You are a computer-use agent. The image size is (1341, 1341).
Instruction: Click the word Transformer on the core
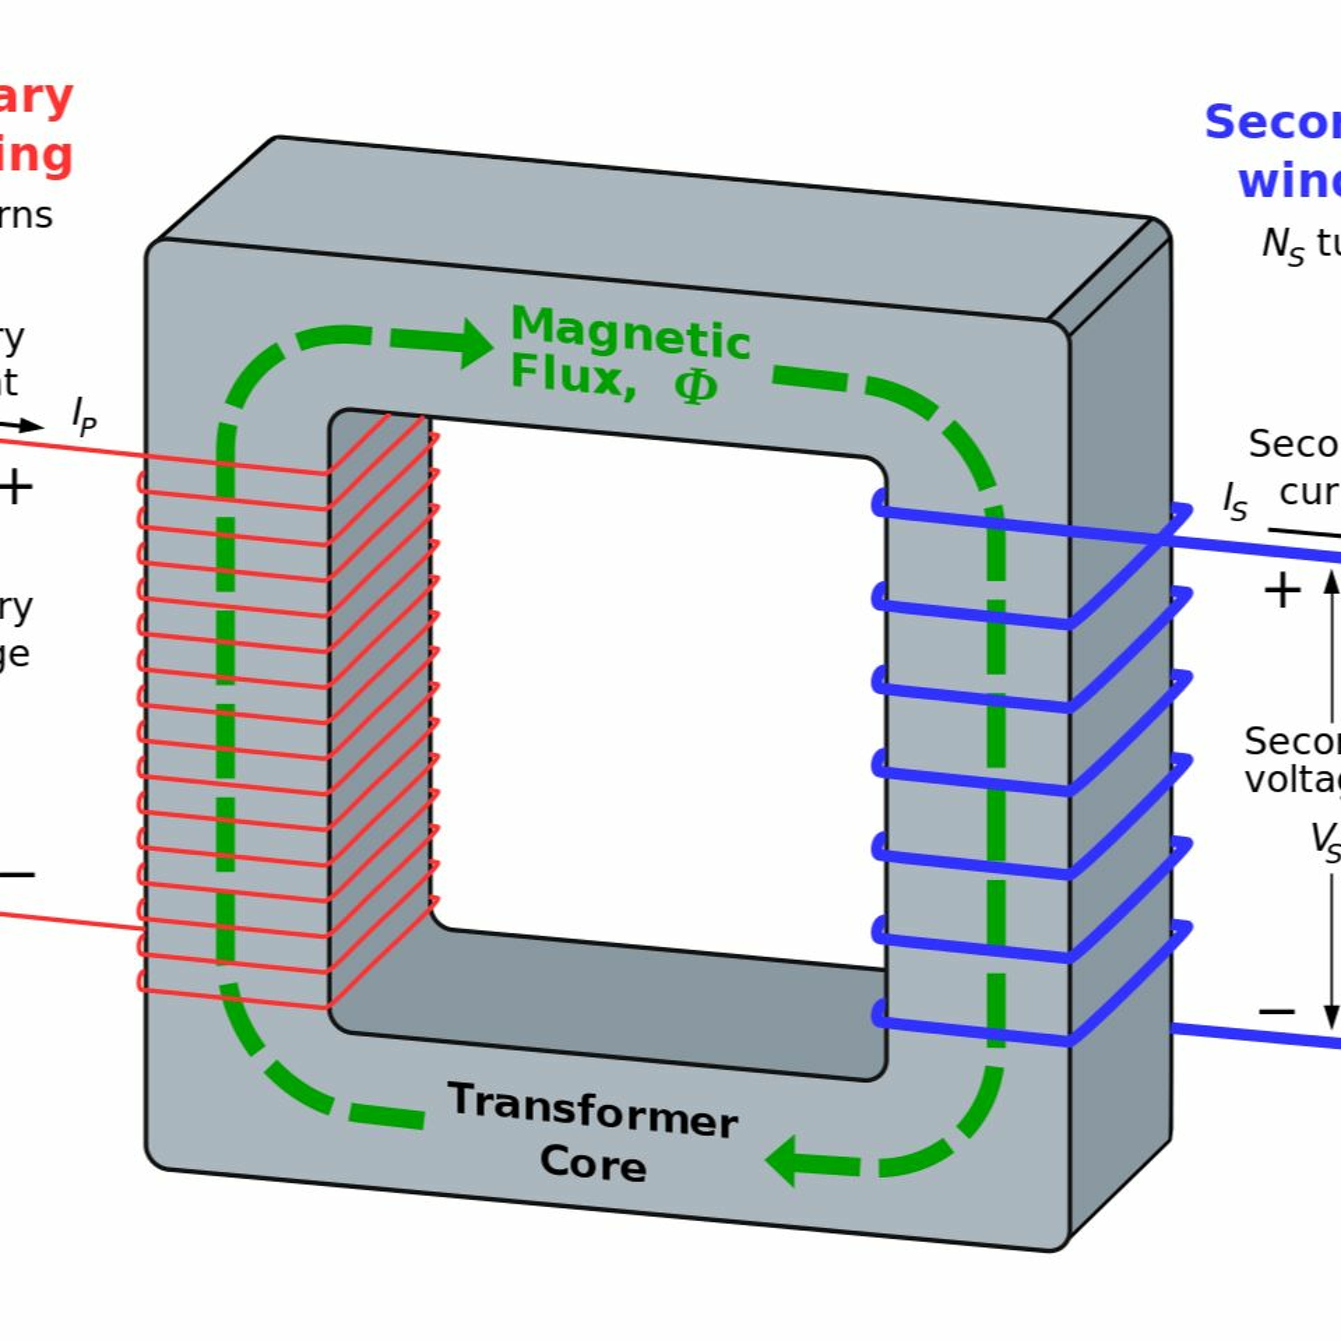click(592, 1109)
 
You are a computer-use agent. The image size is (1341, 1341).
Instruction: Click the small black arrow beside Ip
click(28, 426)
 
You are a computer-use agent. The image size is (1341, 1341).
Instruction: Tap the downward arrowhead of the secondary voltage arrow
click(1331, 1019)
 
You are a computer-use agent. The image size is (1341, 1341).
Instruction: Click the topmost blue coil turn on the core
click(972, 522)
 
